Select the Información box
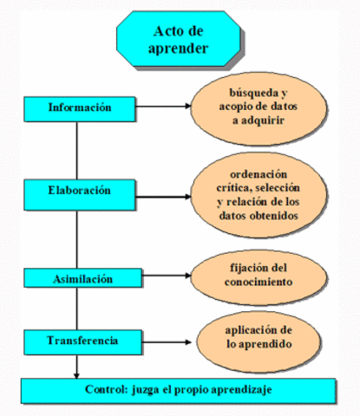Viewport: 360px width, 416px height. coord(81,108)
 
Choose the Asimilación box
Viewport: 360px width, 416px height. coord(81,278)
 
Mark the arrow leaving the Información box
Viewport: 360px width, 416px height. coord(165,108)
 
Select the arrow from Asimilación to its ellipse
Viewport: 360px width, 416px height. coord(165,278)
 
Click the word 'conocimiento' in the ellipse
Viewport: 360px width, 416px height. coord(257,283)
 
